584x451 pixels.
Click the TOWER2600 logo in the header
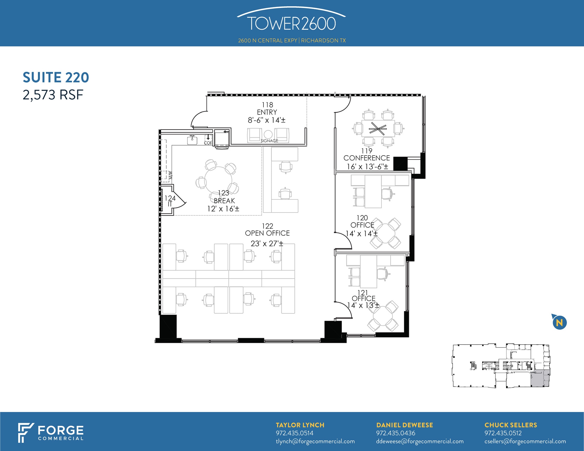point(291,23)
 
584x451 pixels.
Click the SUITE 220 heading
point(56,77)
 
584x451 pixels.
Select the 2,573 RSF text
point(53,95)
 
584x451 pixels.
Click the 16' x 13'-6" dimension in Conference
point(367,167)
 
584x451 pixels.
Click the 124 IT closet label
point(170,201)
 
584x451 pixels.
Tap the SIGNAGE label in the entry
point(269,141)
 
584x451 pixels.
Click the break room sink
point(192,140)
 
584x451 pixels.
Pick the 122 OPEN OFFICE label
point(267,230)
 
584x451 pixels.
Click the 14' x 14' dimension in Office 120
point(362,234)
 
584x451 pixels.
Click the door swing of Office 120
point(344,241)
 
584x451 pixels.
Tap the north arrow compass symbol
point(559,323)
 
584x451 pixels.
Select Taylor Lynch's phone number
point(295,433)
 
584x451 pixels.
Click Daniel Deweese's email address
point(420,441)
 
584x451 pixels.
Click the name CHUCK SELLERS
point(510,425)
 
